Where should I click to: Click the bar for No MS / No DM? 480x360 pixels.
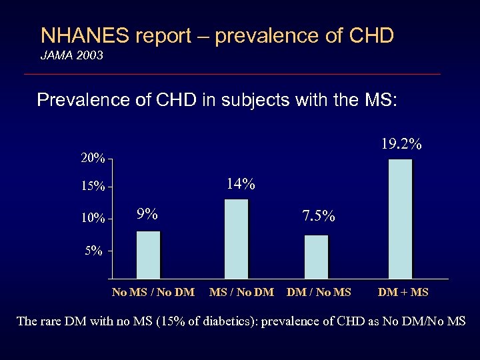point(149,255)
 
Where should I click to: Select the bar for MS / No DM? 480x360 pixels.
point(237,239)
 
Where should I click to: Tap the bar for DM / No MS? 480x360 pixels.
point(317,257)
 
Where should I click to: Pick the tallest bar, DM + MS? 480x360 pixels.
point(400,219)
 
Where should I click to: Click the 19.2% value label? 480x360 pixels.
point(401,144)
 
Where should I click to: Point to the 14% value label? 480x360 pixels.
point(240,183)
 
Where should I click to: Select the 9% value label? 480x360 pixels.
point(147,214)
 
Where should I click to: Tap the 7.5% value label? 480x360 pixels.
point(318,217)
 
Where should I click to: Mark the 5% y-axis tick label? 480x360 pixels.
point(93,251)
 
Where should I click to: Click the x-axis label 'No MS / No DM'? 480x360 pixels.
point(153,292)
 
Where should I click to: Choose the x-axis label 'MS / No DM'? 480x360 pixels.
point(241,292)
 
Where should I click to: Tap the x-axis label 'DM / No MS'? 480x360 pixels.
point(318,292)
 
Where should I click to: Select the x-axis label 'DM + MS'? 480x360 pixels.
point(403,292)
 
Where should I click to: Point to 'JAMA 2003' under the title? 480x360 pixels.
point(72,56)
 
